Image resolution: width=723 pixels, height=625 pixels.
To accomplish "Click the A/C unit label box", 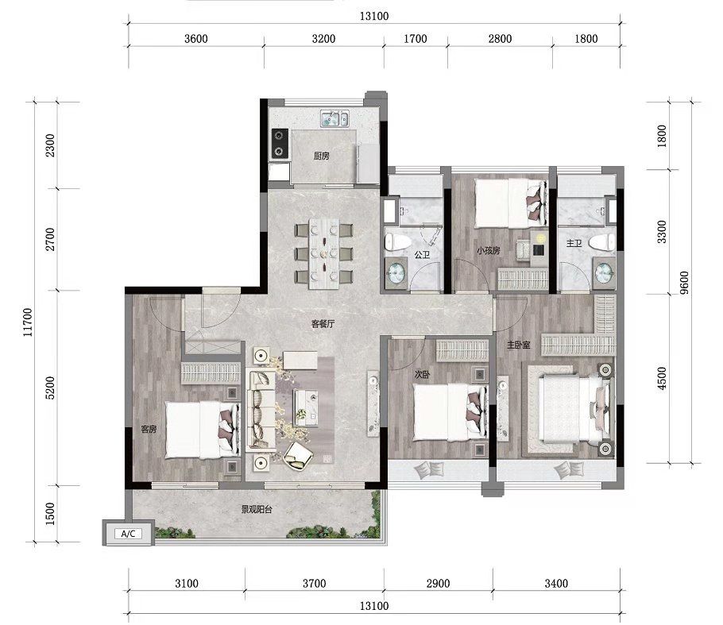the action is [x=128, y=534].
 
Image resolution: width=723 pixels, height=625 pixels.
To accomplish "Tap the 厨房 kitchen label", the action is [x=322, y=156].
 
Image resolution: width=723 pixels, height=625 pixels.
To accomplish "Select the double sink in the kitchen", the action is [x=335, y=118].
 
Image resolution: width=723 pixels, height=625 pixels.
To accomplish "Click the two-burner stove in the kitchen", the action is [x=280, y=143].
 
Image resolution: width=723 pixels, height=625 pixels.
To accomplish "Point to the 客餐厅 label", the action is [x=323, y=324].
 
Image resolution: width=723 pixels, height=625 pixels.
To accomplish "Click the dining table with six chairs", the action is [x=324, y=253].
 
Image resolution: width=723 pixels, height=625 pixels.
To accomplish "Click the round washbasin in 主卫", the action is [x=604, y=272].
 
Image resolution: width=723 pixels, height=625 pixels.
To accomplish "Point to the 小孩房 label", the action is [x=489, y=251].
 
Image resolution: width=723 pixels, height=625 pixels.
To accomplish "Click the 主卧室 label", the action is [x=519, y=345].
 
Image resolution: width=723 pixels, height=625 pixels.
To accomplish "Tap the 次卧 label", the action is [x=422, y=375].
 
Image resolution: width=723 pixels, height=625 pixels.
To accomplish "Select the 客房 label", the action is [x=149, y=429].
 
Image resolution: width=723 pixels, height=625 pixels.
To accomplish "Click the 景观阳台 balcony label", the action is [x=257, y=510].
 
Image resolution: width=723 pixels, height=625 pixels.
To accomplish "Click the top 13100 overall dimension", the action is [x=374, y=17].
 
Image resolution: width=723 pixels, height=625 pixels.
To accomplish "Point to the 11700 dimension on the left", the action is [x=28, y=322].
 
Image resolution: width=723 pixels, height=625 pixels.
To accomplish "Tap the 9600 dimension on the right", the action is [x=684, y=283].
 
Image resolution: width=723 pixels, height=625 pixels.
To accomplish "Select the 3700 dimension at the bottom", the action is [x=315, y=584].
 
